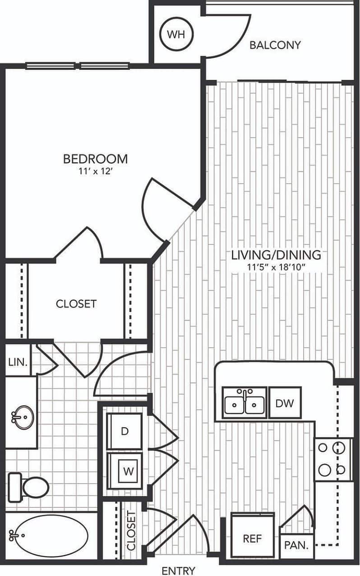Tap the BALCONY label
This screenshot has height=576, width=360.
point(275,45)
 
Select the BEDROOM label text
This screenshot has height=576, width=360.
point(95,159)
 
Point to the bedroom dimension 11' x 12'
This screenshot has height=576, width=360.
point(95,171)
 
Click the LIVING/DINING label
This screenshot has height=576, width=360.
point(276,255)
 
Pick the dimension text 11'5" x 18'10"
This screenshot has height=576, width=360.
point(276,267)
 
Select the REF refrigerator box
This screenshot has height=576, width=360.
point(252,539)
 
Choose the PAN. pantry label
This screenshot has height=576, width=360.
point(296,544)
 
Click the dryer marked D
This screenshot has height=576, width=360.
point(125,431)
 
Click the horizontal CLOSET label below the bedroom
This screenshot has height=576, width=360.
point(76,304)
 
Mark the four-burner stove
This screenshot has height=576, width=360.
point(333,459)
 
